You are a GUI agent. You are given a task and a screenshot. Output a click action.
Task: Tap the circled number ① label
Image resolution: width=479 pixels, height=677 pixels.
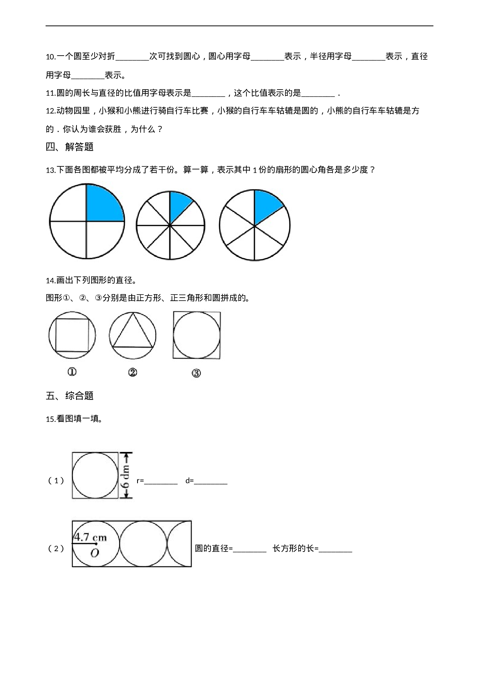pos(72,372)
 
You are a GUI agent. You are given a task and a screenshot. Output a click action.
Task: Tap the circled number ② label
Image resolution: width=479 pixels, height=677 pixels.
pos(132,372)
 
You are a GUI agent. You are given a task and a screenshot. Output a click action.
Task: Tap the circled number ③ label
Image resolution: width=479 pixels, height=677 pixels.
pos(196,373)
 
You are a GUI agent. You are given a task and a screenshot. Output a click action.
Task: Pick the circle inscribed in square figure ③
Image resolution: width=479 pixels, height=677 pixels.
pos(197,335)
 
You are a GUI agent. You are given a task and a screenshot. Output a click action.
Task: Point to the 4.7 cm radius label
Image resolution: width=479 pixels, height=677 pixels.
pos(90,537)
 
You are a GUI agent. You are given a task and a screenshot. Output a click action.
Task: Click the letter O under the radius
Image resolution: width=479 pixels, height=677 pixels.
pos(94,553)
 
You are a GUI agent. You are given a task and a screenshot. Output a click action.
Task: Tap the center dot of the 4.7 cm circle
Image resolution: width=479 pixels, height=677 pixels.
pos(96,543)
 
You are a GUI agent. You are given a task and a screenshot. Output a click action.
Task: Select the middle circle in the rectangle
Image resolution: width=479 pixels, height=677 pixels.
pos(143,543)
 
